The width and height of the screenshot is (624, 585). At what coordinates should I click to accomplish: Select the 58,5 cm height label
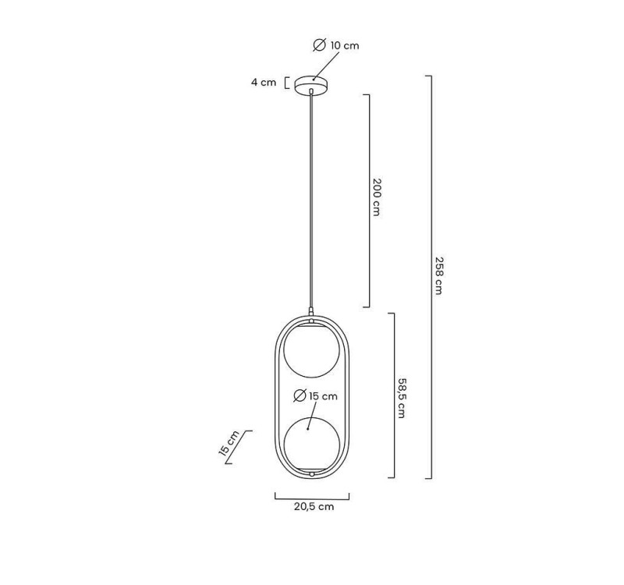coord(401,397)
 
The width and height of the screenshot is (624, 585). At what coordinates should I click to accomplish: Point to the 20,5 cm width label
coord(314,506)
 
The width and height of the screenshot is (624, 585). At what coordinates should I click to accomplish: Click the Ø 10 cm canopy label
coord(336,46)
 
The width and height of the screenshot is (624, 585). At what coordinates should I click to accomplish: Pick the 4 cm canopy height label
coord(263,83)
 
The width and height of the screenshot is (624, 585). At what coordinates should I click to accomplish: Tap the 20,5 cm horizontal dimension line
coord(312,495)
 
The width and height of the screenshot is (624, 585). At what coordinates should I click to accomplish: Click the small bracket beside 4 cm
coord(287,83)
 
